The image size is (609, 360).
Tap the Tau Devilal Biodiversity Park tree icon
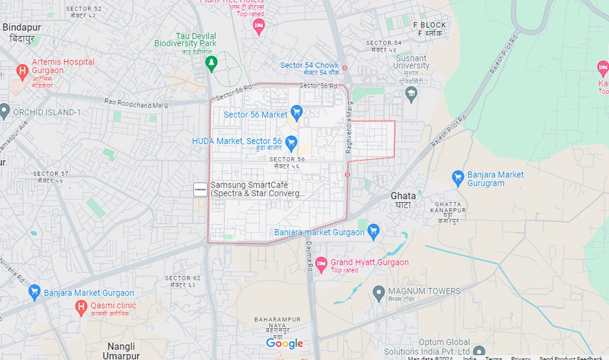[x=211, y=62]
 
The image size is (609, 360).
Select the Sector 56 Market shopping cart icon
[x=297, y=111]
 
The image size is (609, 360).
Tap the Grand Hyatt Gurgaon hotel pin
[x=321, y=263]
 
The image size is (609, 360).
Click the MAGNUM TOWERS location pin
[x=379, y=293]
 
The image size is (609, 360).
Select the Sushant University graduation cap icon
[x=411, y=93]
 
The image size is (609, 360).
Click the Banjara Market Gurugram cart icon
[x=458, y=177]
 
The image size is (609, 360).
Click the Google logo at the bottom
[x=284, y=344]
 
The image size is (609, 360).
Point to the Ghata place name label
[x=403, y=196]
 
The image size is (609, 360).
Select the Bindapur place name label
[x=23, y=27]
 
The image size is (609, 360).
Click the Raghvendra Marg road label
[x=350, y=127]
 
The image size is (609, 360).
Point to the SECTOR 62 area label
[x=182, y=278]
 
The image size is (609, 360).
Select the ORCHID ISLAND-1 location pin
[x=4, y=111]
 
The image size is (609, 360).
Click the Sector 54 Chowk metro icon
[x=345, y=67]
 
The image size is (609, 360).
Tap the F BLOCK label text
[x=429, y=25]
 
